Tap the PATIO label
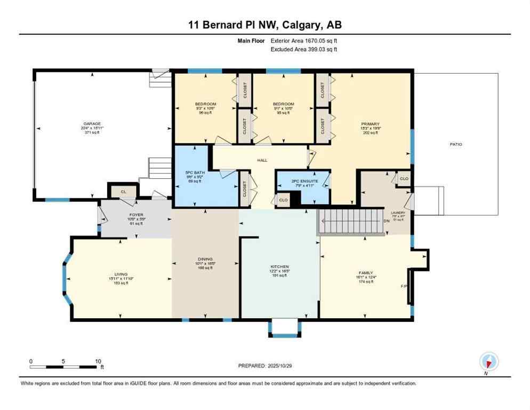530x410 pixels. point(455,144)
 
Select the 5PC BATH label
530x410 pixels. point(195,172)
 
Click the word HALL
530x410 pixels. point(262,160)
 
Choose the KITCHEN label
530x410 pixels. point(279,266)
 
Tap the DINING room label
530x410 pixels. point(205,259)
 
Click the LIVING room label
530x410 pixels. point(121,274)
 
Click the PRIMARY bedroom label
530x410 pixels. point(370,124)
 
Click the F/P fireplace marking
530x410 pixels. point(404,286)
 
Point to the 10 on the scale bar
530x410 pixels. point(98,361)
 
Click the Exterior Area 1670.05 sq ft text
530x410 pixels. point(304,41)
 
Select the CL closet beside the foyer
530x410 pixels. point(123,191)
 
